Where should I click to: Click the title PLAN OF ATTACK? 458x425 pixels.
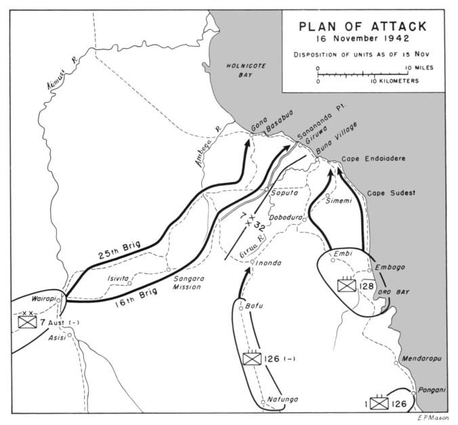(363, 26)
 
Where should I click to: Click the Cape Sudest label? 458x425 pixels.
(392, 193)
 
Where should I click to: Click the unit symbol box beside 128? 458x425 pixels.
(347, 286)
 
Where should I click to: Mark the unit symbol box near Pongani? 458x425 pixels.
(377, 404)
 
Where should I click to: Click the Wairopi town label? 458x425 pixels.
(42, 298)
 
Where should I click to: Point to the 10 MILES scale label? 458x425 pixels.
(419, 68)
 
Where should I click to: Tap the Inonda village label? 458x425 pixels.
(266, 263)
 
